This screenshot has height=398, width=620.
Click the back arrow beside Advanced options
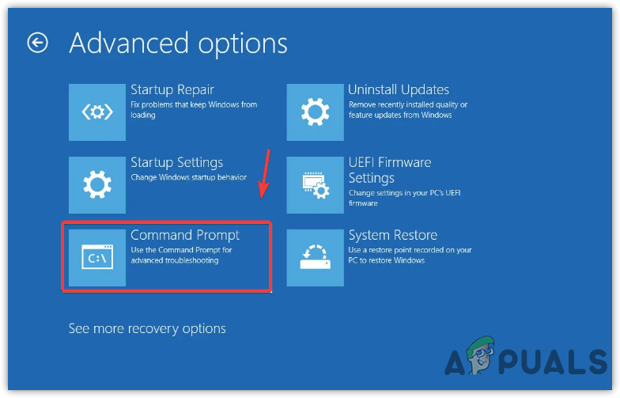pos(37,43)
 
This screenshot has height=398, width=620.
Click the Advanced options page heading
pos(178,43)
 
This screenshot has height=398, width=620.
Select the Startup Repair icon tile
pos(97,112)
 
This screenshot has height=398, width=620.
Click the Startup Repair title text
pos(172,89)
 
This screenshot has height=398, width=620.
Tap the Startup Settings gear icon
pos(97,184)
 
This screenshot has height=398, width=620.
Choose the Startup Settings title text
pos(176,162)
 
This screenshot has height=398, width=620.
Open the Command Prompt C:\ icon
pos(97,257)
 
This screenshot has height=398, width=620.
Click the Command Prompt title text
pos(184,235)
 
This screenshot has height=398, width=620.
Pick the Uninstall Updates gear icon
pos(316,112)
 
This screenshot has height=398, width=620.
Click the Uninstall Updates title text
pos(399,89)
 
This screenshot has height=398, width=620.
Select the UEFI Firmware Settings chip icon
pos(316,184)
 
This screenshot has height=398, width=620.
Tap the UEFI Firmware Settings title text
pos(389,169)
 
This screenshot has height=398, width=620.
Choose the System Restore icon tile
pos(316,257)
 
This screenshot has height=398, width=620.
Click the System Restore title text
pos(392,235)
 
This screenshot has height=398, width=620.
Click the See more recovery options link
pos(147,328)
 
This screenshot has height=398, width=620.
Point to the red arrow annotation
pos(265,176)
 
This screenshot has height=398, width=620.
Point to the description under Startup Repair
pos(193,109)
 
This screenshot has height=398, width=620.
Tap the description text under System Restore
pos(410,255)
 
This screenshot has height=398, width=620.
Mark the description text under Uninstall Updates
pos(407,109)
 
